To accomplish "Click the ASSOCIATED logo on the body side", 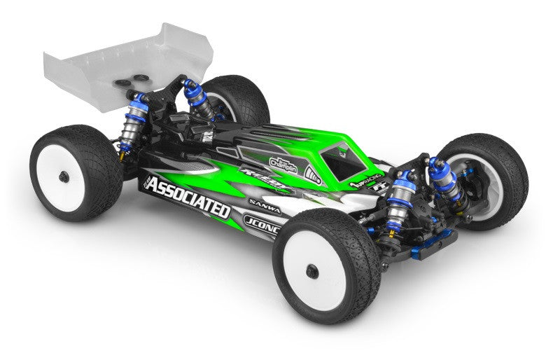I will click(x=188, y=198).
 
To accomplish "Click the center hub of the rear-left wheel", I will click(x=64, y=176).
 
